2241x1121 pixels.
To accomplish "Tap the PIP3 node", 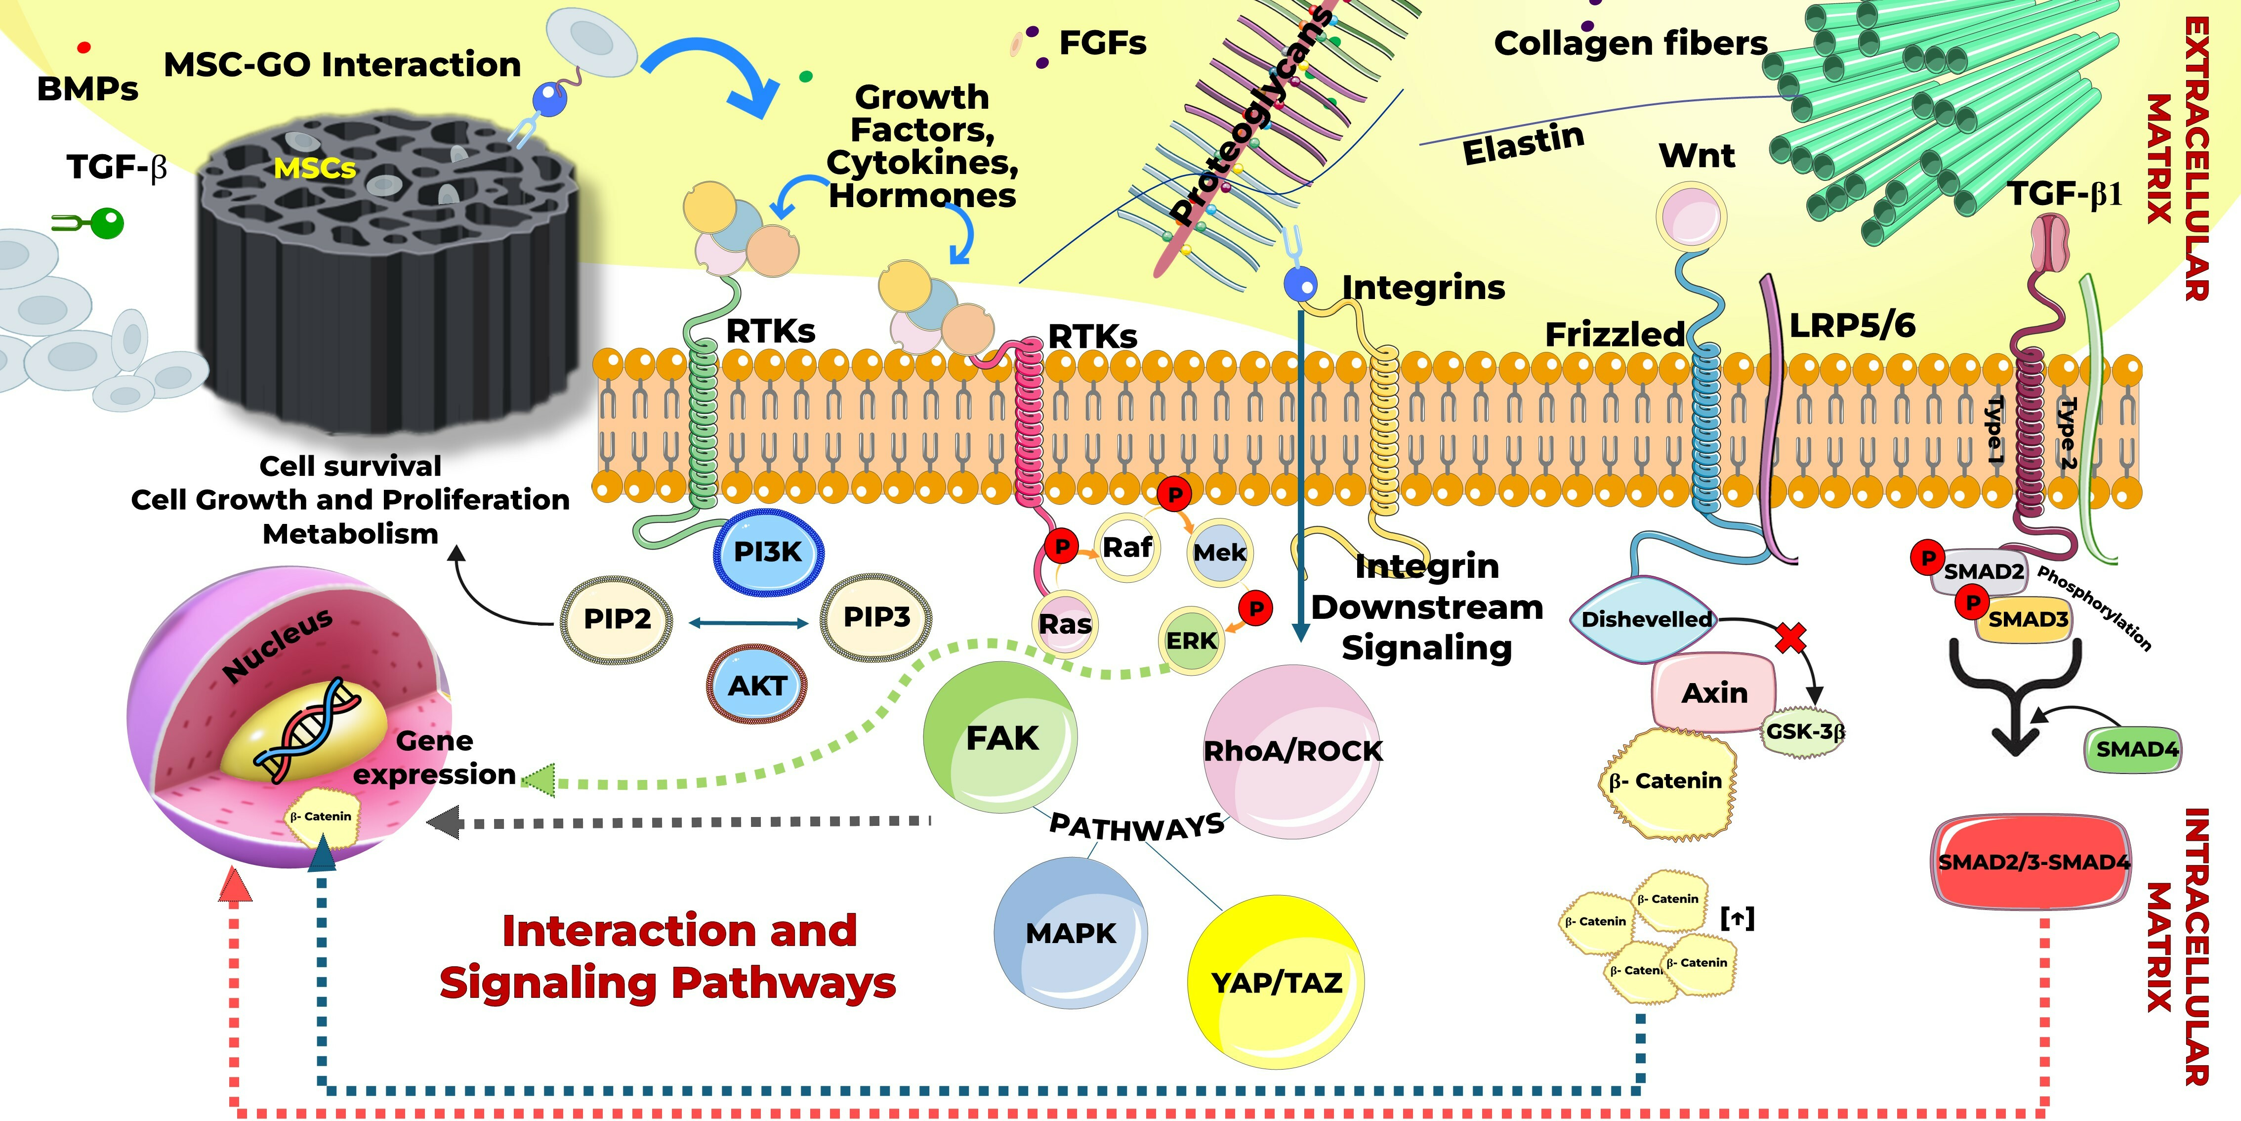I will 876,617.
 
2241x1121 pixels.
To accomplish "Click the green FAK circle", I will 1000,738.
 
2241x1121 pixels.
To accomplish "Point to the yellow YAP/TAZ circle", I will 1275,982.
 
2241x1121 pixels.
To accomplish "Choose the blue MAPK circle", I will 1070,933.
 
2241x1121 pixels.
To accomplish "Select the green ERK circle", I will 1192,641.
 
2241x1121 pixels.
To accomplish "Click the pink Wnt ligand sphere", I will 1690,215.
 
